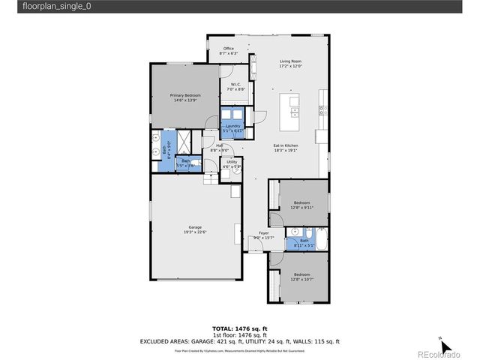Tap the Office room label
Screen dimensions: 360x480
pos(228,51)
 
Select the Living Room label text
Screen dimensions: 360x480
pos(290,63)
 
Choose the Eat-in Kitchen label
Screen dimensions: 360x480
pos(286,148)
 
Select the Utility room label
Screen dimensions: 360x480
pos(232,163)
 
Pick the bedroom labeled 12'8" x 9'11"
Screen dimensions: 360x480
pos(302,205)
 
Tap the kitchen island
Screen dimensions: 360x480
pos(290,109)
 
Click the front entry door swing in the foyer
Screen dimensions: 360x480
pos(255,244)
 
